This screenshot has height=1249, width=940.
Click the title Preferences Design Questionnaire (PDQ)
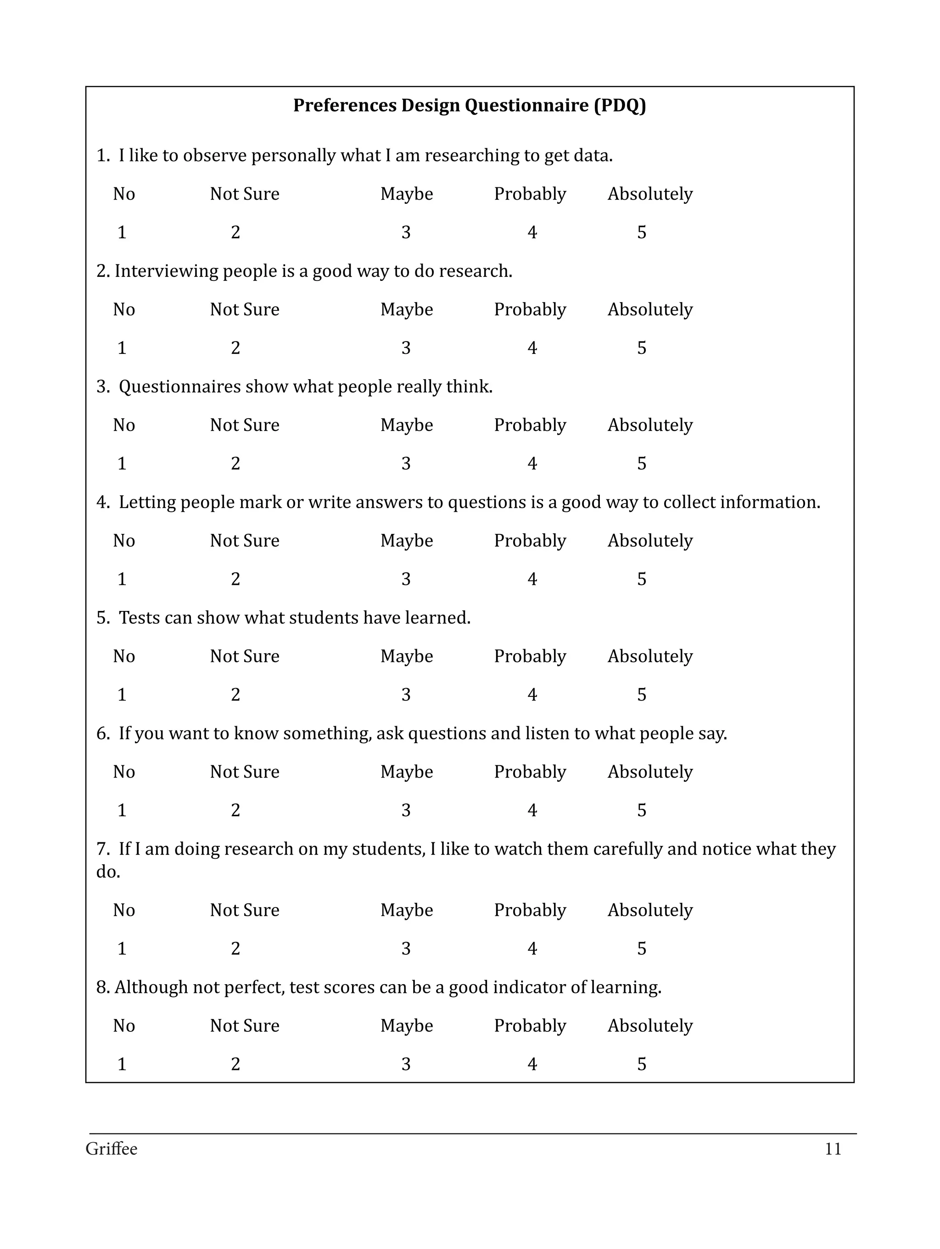click(x=469, y=106)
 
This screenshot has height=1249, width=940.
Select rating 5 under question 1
click(x=641, y=232)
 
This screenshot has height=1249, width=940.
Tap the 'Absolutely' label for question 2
click(x=650, y=309)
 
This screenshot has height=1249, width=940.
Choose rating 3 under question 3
click(x=406, y=464)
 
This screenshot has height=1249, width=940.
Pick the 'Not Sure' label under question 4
click(x=245, y=540)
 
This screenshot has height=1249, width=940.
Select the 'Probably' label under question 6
click(x=530, y=772)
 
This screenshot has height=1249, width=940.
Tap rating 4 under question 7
click(x=532, y=949)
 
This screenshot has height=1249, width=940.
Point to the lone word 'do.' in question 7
click(x=108, y=872)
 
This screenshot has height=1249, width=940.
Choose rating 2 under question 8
click(x=235, y=1064)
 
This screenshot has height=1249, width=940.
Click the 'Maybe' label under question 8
click(x=407, y=1025)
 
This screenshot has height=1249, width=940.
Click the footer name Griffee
click(x=111, y=1149)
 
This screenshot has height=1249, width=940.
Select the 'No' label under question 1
click(x=123, y=194)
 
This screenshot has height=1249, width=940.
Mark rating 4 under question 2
click(x=532, y=348)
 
